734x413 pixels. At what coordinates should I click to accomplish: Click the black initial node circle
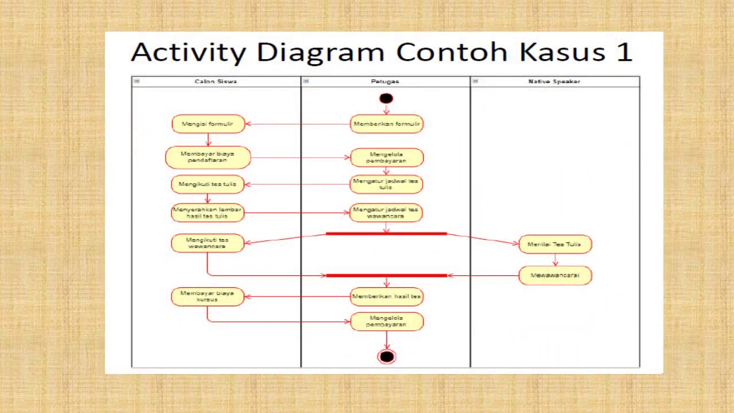(386, 99)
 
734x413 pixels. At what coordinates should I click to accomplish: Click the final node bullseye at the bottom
(386, 357)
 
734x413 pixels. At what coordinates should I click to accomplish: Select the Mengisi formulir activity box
(208, 124)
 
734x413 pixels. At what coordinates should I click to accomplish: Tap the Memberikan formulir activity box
(386, 124)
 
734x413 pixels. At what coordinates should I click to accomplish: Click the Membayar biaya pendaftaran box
(208, 157)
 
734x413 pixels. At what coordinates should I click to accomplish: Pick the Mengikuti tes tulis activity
(208, 184)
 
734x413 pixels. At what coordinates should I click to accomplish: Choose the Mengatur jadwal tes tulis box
(386, 184)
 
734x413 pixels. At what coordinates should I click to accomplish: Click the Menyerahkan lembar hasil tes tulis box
(208, 213)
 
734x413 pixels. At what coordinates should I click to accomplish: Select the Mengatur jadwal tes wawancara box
(386, 213)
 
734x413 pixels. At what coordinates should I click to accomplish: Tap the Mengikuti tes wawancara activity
(208, 243)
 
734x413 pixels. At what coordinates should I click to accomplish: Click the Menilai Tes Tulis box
(555, 244)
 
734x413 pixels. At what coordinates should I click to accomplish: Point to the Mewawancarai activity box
(555, 275)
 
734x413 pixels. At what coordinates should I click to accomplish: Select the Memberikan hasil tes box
(386, 297)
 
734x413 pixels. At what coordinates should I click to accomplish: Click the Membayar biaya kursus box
(208, 296)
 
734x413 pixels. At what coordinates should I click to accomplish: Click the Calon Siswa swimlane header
(216, 81)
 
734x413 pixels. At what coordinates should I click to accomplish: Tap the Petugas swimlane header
(385, 81)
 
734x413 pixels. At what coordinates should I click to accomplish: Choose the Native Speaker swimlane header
(554, 81)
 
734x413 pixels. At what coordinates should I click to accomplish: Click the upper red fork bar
(386, 233)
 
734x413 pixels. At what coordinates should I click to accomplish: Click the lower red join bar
(386, 275)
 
